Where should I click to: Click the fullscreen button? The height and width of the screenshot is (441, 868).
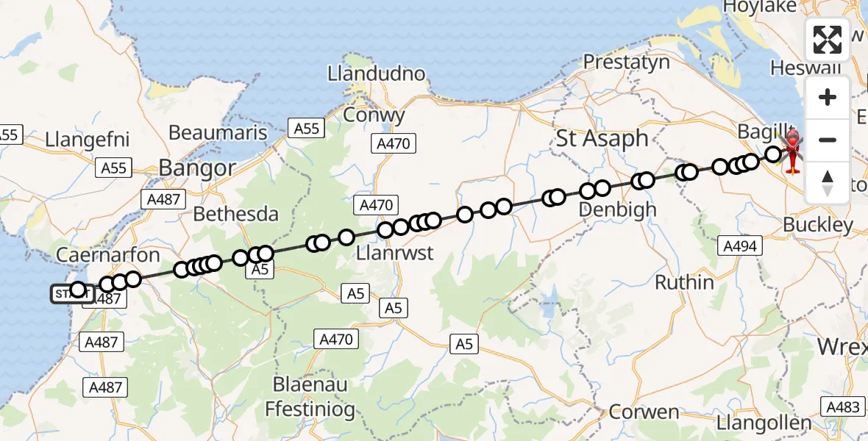(x=828, y=40)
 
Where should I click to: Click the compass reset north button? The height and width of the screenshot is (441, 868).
(x=828, y=182)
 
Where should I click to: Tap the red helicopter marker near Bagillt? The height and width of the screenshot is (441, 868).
(x=793, y=152)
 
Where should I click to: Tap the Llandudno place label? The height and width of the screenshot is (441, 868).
(x=377, y=74)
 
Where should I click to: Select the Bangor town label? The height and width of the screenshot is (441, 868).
(x=196, y=168)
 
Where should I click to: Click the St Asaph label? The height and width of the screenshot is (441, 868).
(x=602, y=138)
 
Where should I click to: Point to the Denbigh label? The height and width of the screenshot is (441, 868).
(x=617, y=209)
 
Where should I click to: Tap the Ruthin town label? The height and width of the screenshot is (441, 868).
(x=684, y=282)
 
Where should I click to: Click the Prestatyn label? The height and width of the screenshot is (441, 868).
(x=627, y=62)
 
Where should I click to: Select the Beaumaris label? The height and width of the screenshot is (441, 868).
(x=218, y=132)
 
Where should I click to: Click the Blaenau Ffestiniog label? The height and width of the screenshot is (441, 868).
(x=314, y=397)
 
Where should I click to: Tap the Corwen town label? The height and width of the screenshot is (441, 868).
(x=644, y=412)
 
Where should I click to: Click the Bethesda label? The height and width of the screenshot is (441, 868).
(x=235, y=214)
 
